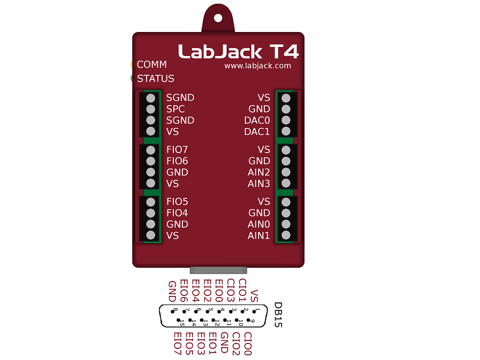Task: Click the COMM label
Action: tap(152, 65)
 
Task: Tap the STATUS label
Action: tap(156, 78)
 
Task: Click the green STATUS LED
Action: tap(132, 78)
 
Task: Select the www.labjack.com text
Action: tap(258, 66)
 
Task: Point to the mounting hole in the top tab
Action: tap(218, 18)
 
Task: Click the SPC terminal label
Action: tap(175, 109)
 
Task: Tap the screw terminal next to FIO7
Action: tap(150, 150)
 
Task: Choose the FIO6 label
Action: tap(177, 161)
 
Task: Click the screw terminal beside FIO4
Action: tap(150, 213)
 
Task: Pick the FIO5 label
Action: tap(177, 202)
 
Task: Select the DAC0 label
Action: tap(257, 121)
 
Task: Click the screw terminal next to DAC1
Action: tap(286, 131)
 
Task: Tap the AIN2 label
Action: tap(259, 172)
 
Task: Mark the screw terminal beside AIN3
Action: tap(286, 183)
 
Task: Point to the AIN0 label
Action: tap(259, 224)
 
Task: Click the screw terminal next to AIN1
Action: tap(286, 235)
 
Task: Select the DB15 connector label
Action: tap(278, 315)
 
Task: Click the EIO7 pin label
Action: tap(178, 343)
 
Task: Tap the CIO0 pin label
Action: tap(247, 343)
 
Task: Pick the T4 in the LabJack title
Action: tap(284, 51)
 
